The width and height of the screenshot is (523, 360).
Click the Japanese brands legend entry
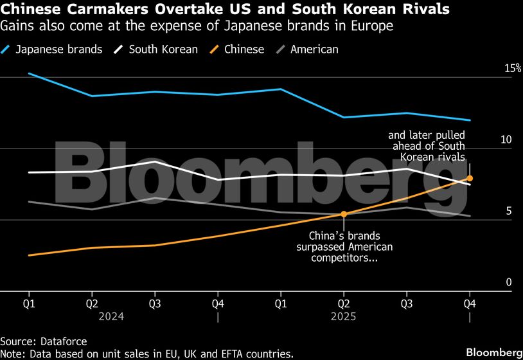coord(58,50)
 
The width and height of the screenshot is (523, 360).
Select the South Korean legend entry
coord(163,50)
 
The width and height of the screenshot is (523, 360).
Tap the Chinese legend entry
coord(244,50)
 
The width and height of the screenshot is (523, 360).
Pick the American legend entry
coord(314,50)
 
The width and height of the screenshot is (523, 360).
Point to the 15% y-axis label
coord(513,68)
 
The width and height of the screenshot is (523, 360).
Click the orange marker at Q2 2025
coord(344,214)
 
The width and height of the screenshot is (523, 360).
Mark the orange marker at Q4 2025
coord(470,178)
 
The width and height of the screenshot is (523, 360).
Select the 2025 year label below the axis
coord(344,317)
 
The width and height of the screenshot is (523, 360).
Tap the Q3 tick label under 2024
coord(155,303)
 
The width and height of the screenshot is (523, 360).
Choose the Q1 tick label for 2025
coord(281,303)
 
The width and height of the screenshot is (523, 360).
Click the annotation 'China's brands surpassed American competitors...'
coord(344,246)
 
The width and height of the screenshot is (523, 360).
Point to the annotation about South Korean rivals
coord(426,146)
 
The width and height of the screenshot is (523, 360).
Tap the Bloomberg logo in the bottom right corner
coord(493,352)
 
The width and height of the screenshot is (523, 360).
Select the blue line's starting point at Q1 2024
coord(29,73)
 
